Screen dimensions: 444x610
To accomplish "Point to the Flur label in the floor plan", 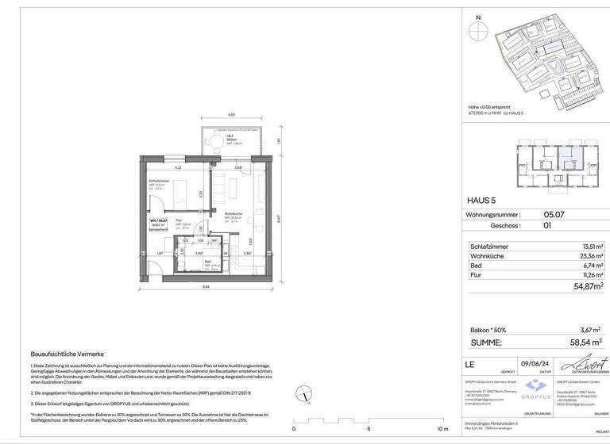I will pos(180,220).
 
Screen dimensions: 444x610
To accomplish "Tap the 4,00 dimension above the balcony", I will pos(231,116).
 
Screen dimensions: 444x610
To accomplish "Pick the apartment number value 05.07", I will pos(554,214).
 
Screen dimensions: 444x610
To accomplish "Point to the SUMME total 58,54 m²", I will pos(585,342).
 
